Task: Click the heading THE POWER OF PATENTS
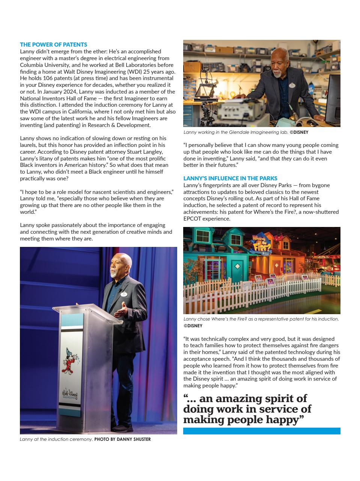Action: tap(53, 44)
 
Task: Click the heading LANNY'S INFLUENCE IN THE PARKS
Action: tap(230, 178)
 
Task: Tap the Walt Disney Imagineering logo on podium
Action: tap(69, 395)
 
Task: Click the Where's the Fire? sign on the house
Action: tap(261, 243)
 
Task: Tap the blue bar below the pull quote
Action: tap(262, 431)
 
